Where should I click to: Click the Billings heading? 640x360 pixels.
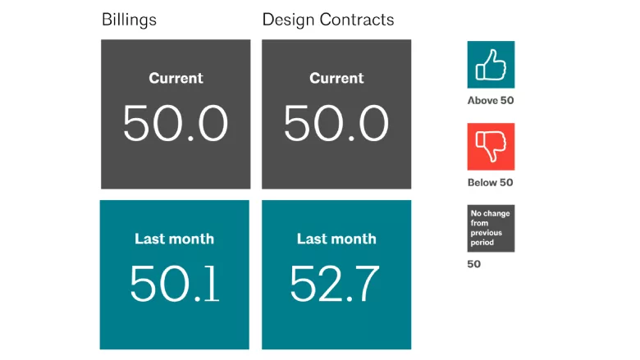[129, 20]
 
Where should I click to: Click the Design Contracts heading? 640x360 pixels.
[328, 20]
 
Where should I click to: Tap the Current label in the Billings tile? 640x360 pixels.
[176, 78]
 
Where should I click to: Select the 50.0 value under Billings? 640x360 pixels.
[176, 123]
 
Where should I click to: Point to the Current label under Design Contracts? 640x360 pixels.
[336, 78]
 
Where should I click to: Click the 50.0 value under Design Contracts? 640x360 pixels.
[336, 123]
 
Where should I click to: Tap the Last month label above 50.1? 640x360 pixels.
[174, 239]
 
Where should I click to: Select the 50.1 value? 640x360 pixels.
[175, 284]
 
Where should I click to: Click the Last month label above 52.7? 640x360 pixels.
[336, 239]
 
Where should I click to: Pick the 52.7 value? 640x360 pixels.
[335, 284]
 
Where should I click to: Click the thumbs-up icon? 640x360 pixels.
[491, 65]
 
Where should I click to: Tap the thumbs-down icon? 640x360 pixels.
[491, 146]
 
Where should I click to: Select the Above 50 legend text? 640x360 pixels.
[491, 100]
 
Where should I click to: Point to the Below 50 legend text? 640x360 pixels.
[490, 182]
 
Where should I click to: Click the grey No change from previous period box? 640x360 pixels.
[491, 228]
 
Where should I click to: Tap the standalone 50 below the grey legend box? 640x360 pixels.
[474, 264]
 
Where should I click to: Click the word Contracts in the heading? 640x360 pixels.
[357, 20]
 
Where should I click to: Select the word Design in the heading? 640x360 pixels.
[288, 20]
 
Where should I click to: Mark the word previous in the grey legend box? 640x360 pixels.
[486, 233]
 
